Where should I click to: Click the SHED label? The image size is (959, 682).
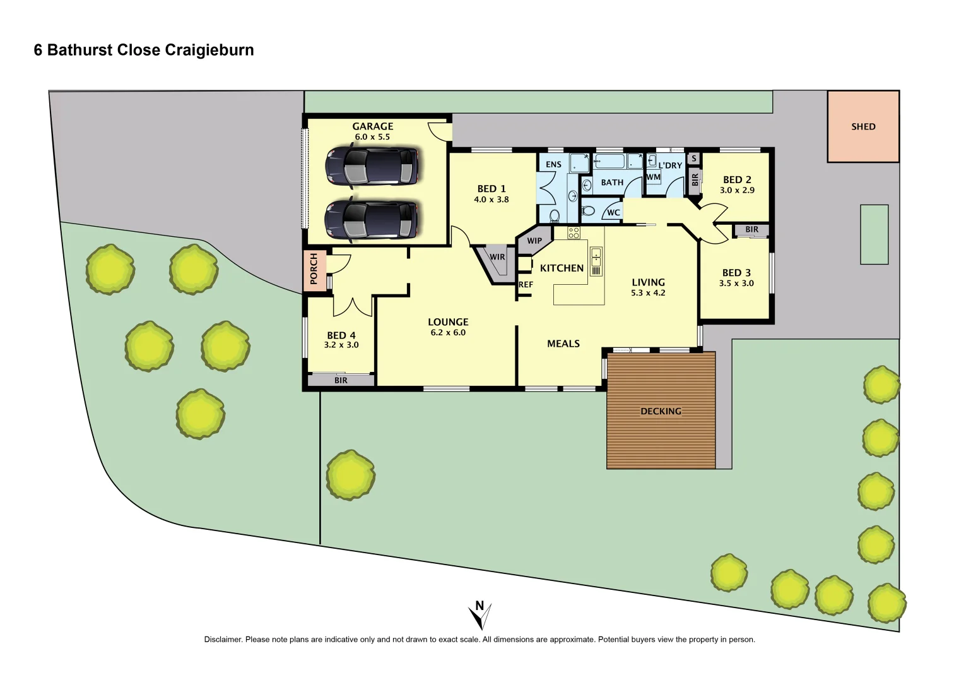(863, 127)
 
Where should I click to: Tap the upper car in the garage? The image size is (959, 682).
(372, 166)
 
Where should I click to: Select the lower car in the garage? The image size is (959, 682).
(372, 219)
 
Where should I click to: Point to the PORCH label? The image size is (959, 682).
(314, 269)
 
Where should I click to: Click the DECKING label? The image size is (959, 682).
(661, 412)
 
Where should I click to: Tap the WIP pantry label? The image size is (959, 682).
(534, 241)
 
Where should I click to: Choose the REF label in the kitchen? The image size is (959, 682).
(526, 285)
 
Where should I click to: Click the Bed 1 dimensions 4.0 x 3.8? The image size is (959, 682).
(491, 200)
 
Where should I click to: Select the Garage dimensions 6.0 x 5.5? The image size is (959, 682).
(372, 137)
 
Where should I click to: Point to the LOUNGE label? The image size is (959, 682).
(448, 322)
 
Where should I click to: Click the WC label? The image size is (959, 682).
(613, 213)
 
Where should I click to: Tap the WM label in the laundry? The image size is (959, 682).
(654, 177)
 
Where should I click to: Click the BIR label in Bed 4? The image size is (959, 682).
(341, 380)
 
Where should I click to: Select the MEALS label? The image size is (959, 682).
(563, 344)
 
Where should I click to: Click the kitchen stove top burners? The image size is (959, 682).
(574, 232)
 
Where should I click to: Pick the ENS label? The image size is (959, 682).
(553, 165)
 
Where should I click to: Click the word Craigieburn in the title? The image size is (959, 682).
(209, 51)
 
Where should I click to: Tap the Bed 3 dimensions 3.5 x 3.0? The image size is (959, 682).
(736, 284)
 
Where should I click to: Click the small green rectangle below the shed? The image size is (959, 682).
(874, 234)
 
